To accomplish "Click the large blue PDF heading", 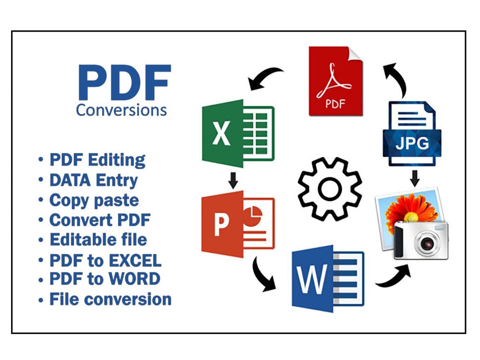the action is pyautogui.click(x=124, y=82).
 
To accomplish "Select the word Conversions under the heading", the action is pyautogui.click(x=121, y=110).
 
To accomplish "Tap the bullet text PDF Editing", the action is pyautogui.click(x=97, y=160).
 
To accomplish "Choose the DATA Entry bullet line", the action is pyautogui.click(x=94, y=180).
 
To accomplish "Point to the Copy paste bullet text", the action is pyautogui.click(x=94, y=201).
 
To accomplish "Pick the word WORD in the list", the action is pyautogui.click(x=135, y=278).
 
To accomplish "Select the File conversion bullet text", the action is pyautogui.click(x=110, y=299).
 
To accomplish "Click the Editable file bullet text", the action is pyautogui.click(x=98, y=240).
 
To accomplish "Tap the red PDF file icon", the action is pyautogui.click(x=336, y=81).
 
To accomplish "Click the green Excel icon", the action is pyautogui.click(x=238, y=133).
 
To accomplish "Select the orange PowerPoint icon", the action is pyautogui.click(x=238, y=224).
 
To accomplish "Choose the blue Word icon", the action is pyautogui.click(x=328, y=278).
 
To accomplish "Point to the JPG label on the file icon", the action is pyautogui.click(x=412, y=143).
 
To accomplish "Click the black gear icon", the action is pyautogui.click(x=330, y=189).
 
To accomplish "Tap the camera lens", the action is pyautogui.click(x=427, y=243).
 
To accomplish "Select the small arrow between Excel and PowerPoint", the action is pyautogui.click(x=233, y=180).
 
